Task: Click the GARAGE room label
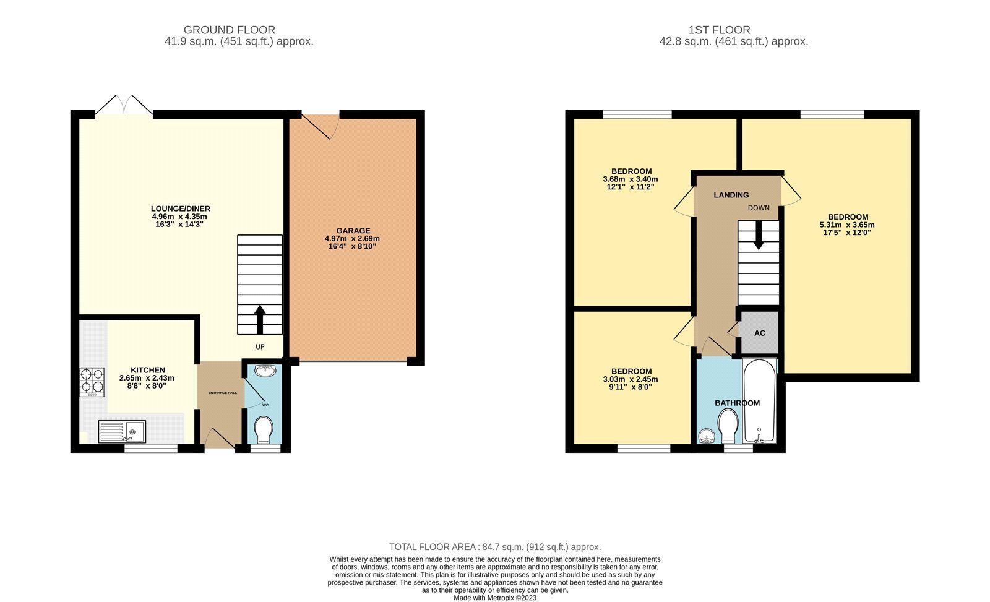(353, 230)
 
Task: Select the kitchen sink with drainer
(122, 431)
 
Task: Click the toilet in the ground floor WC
(264, 429)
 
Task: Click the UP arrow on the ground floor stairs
(259, 319)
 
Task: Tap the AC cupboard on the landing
(759, 333)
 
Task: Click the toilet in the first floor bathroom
(728, 426)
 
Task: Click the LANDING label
(731, 195)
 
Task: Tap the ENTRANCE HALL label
(222, 393)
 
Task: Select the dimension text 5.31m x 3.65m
(847, 225)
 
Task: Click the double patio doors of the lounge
(124, 106)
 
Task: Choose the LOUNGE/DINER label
(176, 209)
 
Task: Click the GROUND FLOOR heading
(229, 30)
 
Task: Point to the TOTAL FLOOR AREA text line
(494, 547)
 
